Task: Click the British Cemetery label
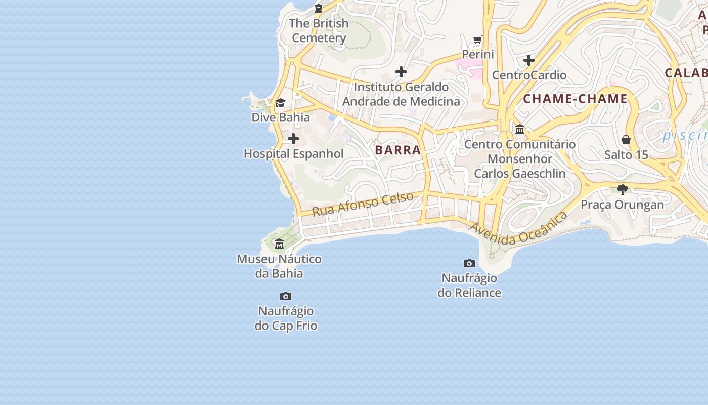pyautogui.click(x=319, y=30)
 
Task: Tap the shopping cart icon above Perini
pyautogui.click(x=478, y=39)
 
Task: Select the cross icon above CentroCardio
pyautogui.click(x=529, y=61)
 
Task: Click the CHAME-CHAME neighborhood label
pyautogui.click(x=575, y=99)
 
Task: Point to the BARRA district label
pyautogui.click(x=398, y=150)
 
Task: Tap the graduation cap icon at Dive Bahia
pyautogui.click(x=280, y=103)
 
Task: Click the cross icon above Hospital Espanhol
pyautogui.click(x=293, y=139)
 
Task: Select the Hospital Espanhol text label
pyautogui.click(x=293, y=154)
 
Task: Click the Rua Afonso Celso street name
pyautogui.click(x=363, y=204)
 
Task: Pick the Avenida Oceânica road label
pyautogui.click(x=519, y=229)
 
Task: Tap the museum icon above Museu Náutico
pyautogui.click(x=279, y=245)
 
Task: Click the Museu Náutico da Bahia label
pyautogui.click(x=279, y=266)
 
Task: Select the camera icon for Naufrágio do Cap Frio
pyautogui.click(x=286, y=297)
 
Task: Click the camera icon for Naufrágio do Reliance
pyautogui.click(x=469, y=263)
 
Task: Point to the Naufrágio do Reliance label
pyautogui.click(x=469, y=286)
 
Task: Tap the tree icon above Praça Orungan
pyautogui.click(x=622, y=190)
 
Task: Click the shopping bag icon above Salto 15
pyautogui.click(x=626, y=140)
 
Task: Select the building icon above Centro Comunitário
pyautogui.click(x=520, y=130)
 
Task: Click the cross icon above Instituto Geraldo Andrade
pyautogui.click(x=401, y=72)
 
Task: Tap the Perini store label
pyautogui.click(x=478, y=54)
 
